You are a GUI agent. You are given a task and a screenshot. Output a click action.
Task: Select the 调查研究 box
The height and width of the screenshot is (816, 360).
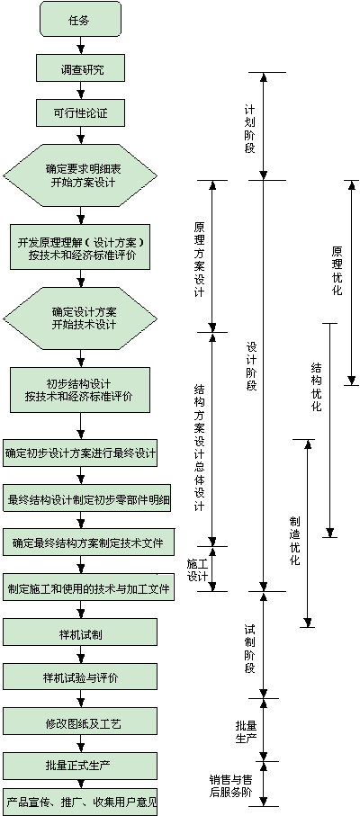tap(80, 68)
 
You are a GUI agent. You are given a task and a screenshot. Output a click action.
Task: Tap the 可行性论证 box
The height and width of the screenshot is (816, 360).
tap(80, 112)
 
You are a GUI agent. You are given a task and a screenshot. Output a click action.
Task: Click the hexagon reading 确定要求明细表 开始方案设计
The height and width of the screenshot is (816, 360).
tap(80, 176)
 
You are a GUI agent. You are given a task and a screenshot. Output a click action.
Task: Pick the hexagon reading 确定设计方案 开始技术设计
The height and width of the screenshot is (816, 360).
tap(80, 318)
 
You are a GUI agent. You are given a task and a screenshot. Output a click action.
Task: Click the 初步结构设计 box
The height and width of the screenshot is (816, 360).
tap(80, 390)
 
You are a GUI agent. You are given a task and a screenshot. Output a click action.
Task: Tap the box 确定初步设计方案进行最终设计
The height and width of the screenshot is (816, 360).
tap(80, 453)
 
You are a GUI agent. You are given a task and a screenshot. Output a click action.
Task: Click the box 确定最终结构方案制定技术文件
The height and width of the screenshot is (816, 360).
tap(87, 543)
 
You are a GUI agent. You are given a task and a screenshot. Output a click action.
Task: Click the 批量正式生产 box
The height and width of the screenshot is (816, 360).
tap(80, 766)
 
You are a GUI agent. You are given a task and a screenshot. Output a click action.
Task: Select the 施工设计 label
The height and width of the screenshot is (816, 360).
tap(198, 569)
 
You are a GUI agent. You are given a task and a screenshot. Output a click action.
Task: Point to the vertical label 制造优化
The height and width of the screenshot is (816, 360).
tap(295, 541)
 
